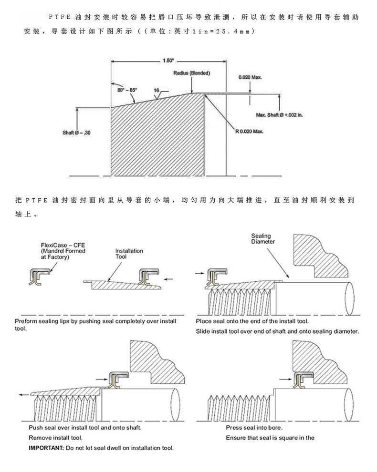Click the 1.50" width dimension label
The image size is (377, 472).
pos(168,61)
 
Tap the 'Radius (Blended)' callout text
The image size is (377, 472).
pos(192,73)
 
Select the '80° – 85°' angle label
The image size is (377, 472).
pos(127,90)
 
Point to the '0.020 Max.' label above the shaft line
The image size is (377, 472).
pos(251,77)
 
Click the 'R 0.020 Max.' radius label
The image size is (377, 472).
pos(249,131)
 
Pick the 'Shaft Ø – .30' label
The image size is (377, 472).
pos(76,133)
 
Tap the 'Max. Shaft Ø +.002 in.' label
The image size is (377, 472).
pos(279,115)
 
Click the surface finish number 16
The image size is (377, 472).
pos(157,90)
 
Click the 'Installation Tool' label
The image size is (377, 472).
pos(129,254)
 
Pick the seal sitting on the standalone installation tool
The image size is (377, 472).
pos(146,277)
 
